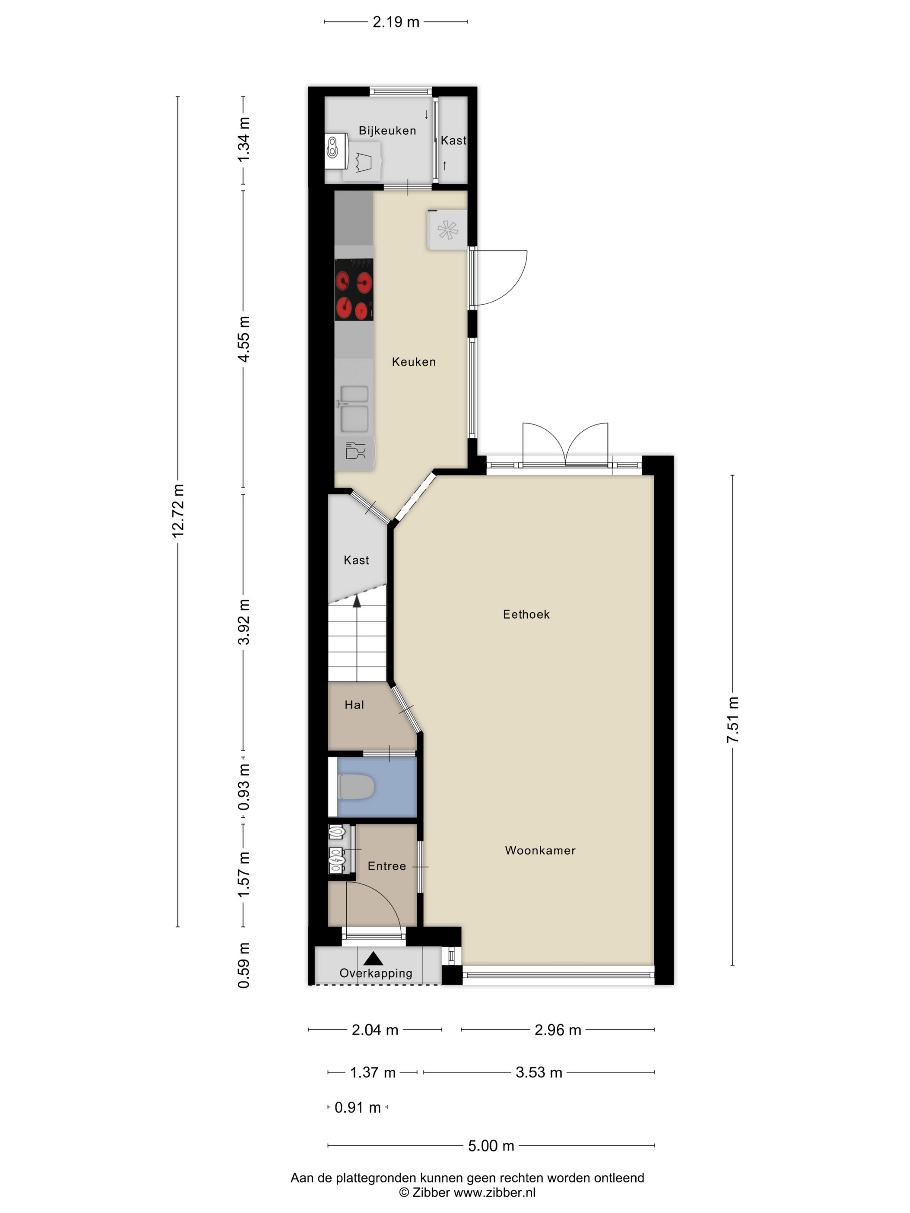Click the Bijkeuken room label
[387, 130]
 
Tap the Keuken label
[413, 362]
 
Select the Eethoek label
[526, 614]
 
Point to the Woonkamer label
[540, 850]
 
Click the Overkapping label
[376, 973]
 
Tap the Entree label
[387, 866]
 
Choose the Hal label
[354, 705]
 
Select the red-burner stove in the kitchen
[354, 289]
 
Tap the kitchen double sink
[354, 409]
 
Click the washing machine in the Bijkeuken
[363, 161]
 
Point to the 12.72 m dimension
[178, 510]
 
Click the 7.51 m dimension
[732, 720]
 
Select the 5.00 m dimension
[491, 1145]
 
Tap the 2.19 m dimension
[396, 22]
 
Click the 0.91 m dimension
[357, 1107]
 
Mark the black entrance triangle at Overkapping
[374, 958]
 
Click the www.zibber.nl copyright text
[467, 1192]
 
